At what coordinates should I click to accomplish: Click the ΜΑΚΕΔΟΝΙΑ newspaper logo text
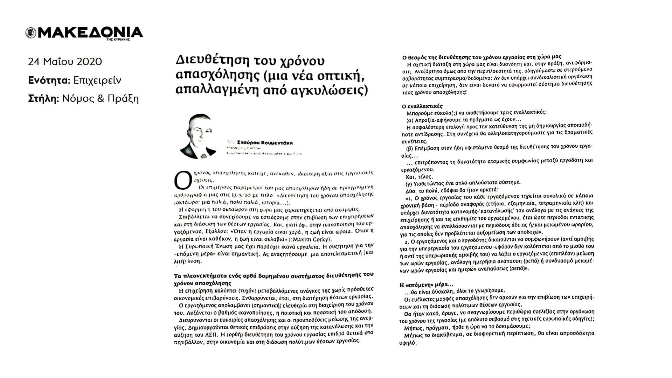90,33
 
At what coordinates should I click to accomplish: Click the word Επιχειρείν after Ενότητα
97,80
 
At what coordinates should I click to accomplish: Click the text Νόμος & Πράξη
101,99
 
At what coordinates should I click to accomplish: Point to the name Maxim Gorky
314,240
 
